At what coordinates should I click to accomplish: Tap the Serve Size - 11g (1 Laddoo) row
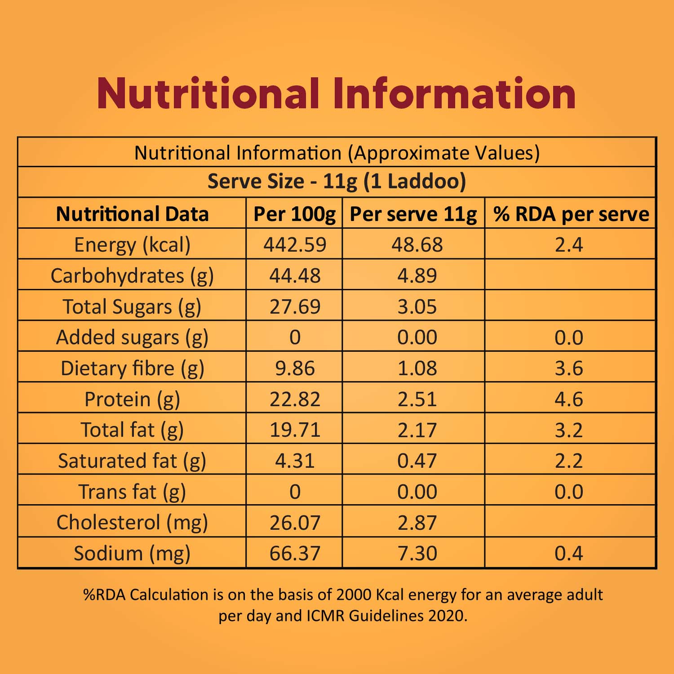click(x=337, y=182)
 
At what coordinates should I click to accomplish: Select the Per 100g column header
click(x=294, y=214)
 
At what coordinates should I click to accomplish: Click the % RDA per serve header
click(x=571, y=214)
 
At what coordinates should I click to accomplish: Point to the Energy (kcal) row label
click(x=132, y=245)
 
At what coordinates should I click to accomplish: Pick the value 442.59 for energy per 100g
click(x=295, y=245)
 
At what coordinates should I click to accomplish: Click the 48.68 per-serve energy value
click(x=417, y=245)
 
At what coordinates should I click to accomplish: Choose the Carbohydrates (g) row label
click(x=132, y=276)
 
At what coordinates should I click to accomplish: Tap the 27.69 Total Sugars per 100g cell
click(x=295, y=307)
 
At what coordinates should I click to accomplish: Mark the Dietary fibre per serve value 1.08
click(x=417, y=368)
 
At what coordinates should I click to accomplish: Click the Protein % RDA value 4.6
click(x=568, y=399)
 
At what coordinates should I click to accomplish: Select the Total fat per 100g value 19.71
click(x=295, y=430)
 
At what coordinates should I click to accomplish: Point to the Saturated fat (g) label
click(x=132, y=461)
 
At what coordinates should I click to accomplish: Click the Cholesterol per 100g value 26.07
click(x=295, y=523)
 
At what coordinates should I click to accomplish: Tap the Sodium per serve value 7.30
click(x=417, y=554)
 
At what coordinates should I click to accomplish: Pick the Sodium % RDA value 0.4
click(x=568, y=554)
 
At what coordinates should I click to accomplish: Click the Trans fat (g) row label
click(x=132, y=492)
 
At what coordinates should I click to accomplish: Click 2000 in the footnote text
click(x=354, y=595)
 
